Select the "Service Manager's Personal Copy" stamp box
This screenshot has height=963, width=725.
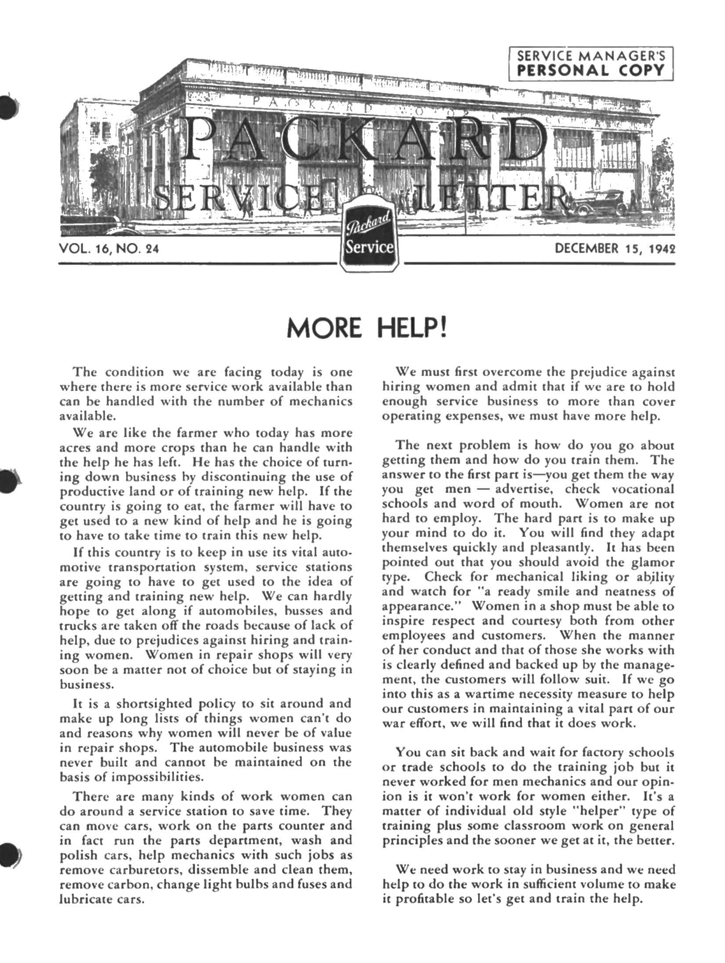[591, 63]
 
